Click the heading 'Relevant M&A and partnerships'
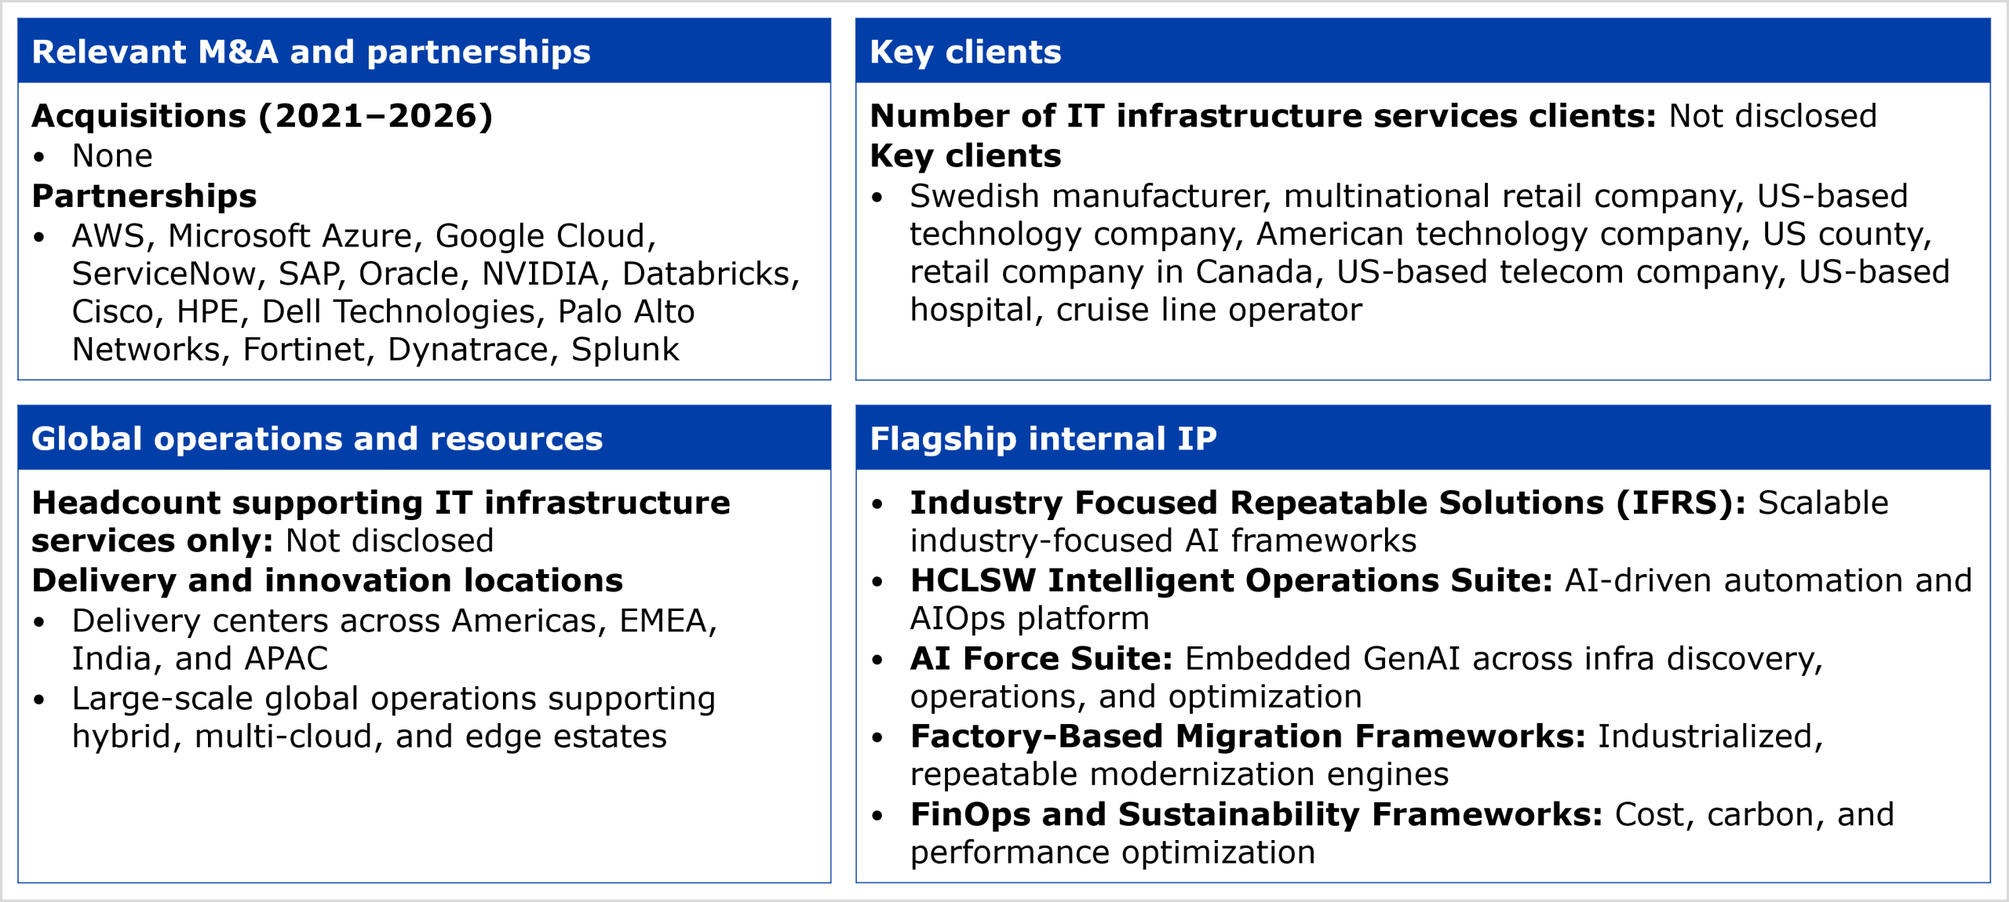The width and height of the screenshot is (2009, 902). click(x=311, y=52)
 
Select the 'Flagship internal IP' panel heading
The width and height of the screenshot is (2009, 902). click(x=1043, y=438)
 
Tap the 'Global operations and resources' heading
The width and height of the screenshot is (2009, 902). click(x=317, y=438)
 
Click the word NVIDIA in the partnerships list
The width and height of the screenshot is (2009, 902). click(x=541, y=274)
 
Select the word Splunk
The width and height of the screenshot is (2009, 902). click(x=625, y=350)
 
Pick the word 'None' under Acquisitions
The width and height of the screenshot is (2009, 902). click(x=112, y=156)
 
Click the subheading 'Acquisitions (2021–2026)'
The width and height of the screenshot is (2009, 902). click(x=262, y=116)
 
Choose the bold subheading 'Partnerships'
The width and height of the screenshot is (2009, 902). click(x=144, y=196)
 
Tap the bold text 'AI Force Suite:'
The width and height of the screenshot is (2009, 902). click(x=1041, y=659)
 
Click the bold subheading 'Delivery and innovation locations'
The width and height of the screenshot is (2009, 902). click(x=327, y=581)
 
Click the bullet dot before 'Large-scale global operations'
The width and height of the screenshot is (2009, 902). click(x=39, y=700)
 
